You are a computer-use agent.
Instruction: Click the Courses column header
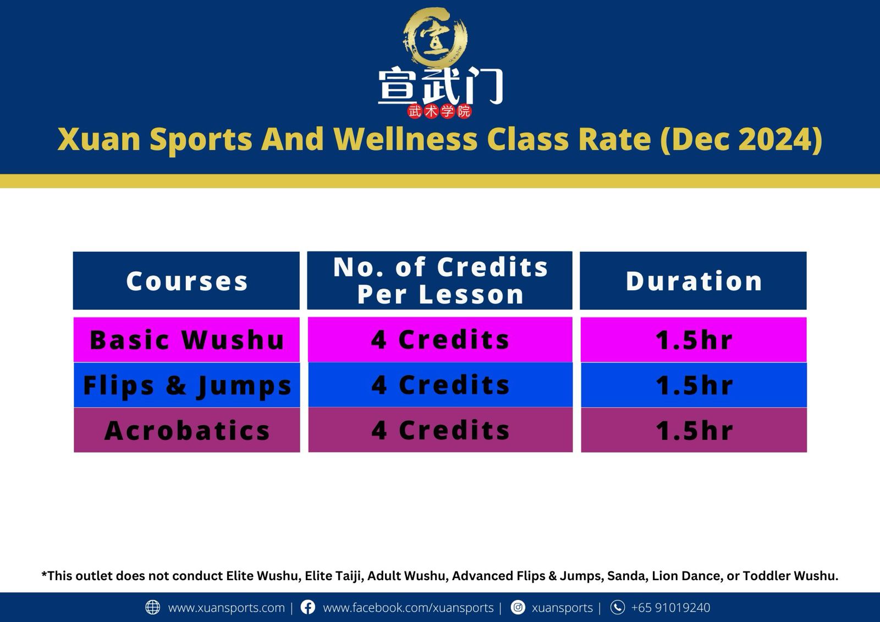point(186,281)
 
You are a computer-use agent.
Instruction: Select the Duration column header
point(693,281)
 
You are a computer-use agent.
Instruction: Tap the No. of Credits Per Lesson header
point(440,280)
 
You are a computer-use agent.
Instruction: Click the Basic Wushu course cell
point(186,340)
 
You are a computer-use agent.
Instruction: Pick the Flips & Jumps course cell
point(186,385)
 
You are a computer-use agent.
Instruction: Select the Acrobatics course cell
point(186,430)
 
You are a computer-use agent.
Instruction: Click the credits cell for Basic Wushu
point(440,340)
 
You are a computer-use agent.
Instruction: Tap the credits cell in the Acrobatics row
point(440,430)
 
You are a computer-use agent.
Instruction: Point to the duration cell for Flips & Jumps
point(694,385)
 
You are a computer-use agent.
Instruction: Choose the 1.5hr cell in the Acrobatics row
point(694,430)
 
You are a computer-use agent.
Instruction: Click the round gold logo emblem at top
point(436,37)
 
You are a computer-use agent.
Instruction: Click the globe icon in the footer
point(152,607)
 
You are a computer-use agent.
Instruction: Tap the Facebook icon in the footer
point(308,607)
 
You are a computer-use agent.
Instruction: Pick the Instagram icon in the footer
point(518,607)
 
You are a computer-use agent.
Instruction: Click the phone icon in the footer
point(618,607)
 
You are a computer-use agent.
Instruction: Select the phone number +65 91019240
point(670,608)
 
